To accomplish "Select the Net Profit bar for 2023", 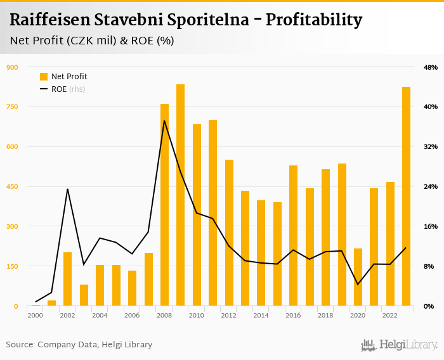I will click(x=407, y=196).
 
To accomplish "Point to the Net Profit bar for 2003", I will click(x=84, y=295).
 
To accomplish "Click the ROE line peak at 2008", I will click(x=164, y=121).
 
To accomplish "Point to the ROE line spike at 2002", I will click(x=67, y=189).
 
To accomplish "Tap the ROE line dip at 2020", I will click(x=358, y=284).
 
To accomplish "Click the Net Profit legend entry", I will click(x=63, y=77).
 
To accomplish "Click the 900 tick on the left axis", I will click(x=12, y=67).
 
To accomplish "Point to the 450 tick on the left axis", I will click(x=12, y=186).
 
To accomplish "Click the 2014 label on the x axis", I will click(x=261, y=315).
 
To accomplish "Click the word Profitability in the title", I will click(x=314, y=20).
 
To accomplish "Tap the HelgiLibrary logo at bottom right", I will click(x=399, y=345).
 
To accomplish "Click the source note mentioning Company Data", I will click(x=79, y=345).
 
